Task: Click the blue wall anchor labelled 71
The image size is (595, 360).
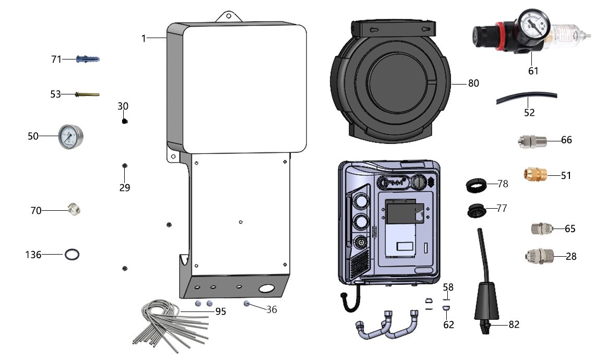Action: click(x=88, y=59)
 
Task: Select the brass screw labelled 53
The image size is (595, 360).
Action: click(x=87, y=94)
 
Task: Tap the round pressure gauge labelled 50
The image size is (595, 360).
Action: click(x=70, y=137)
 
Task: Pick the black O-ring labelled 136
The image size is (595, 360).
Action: click(x=72, y=255)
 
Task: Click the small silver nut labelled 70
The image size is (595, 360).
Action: click(x=74, y=209)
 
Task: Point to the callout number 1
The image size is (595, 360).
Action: click(x=144, y=38)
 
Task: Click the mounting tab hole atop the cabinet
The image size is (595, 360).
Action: click(x=229, y=16)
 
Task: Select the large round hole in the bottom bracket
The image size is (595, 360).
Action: click(x=266, y=289)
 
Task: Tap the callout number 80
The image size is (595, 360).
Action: click(x=473, y=83)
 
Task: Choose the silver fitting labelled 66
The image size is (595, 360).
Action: click(x=532, y=141)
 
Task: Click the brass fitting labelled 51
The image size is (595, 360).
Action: click(x=535, y=174)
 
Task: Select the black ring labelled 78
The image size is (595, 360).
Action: click(x=476, y=186)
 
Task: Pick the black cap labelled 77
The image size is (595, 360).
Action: click(x=477, y=211)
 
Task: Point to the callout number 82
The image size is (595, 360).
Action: click(x=514, y=325)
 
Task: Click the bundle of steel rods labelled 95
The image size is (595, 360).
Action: click(x=171, y=325)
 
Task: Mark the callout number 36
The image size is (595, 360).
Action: click(x=271, y=309)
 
